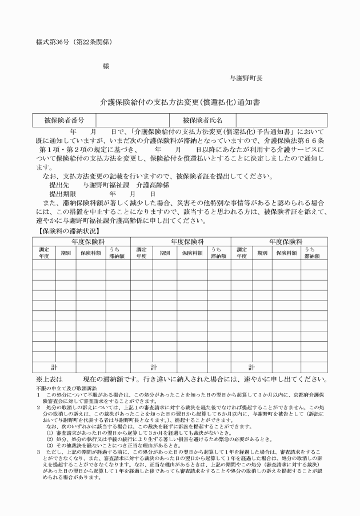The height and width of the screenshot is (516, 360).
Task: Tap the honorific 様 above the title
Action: pyautogui.click(x=106, y=66)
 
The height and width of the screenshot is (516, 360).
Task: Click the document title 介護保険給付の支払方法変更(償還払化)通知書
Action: pyautogui.click(x=180, y=102)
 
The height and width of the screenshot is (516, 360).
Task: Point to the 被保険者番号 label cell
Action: pyautogui.click(x=64, y=120)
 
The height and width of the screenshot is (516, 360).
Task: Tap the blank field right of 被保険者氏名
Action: pyautogui.click(x=280, y=120)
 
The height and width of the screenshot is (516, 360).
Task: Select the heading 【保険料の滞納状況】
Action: pyautogui.click(x=66, y=231)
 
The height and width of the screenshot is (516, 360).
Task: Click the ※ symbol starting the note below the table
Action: pyautogui.click(x=39, y=379)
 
